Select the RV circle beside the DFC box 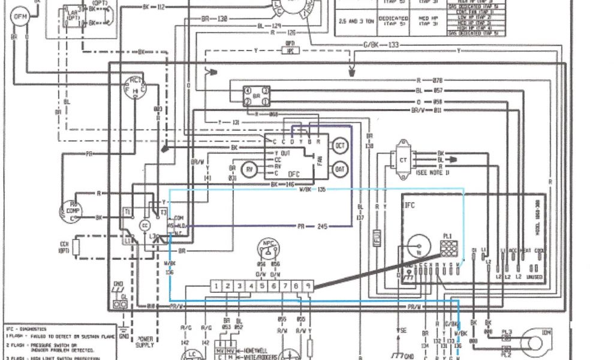pyautogui.click(x=249, y=170)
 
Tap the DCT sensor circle pyautogui.click(x=340, y=146)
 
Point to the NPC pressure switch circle pyautogui.click(x=267, y=248)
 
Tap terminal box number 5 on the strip pyautogui.click(x=262, y=286)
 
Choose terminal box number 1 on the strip pyautogui.click(x=215, y=286)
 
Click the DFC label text pyautogui.click(x=294, y=174)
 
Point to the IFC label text pyautogui.click(x=410, y=205)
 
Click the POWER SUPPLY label pyautogui.click(x=145, y=341)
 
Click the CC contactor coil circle pyautogui.click(x=145, y=225)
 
